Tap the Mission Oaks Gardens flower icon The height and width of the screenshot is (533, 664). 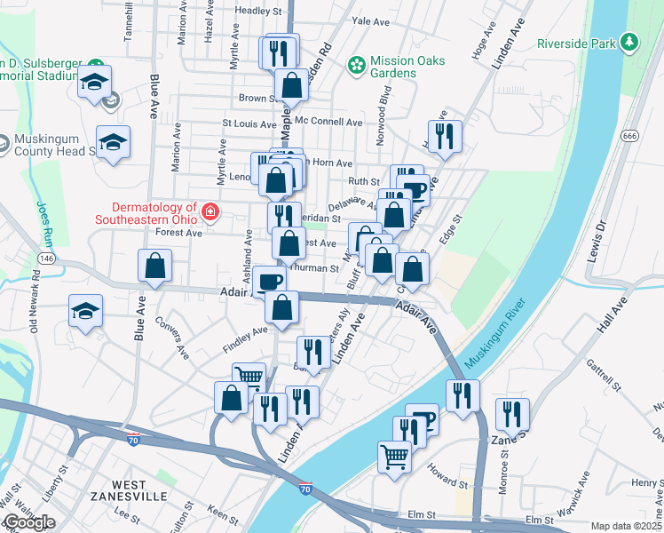[356, 64]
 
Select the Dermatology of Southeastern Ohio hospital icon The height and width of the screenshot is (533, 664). [211, 211]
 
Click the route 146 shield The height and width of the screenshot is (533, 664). [47, 258]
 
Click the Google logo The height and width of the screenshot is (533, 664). [28, 522]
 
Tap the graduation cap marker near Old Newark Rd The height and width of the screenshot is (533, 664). [86, 311]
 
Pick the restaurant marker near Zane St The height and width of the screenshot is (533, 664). [512, 414]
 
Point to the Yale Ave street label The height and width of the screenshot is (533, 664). [371, 20]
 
